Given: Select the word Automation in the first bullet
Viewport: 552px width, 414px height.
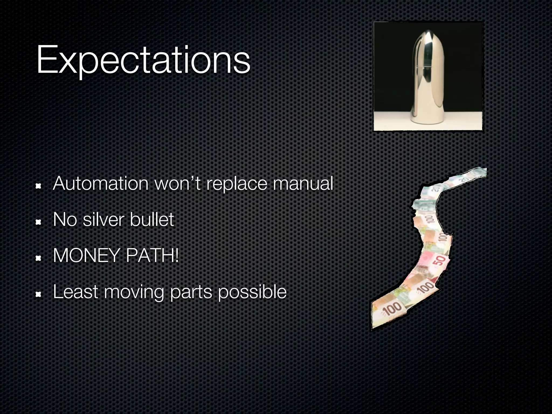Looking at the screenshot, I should point(101,184).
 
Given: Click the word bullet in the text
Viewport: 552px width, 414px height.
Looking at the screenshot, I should point(152,220).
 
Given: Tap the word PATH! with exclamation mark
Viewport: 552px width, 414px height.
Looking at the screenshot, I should point(152,256).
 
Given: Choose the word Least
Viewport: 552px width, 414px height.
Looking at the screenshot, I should point(75,292).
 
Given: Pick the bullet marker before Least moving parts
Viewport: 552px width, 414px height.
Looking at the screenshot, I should point(39,295).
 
